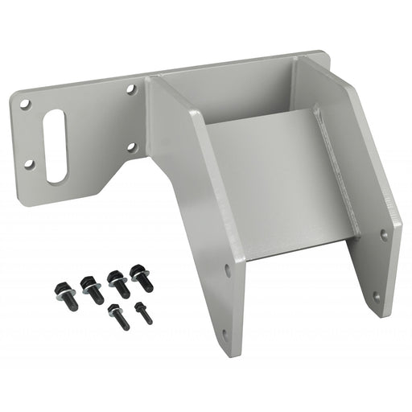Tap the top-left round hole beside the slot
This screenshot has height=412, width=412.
click(26, 105)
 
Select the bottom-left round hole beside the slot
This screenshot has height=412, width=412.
click(29, 164)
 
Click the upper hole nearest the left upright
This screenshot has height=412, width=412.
click(131, 90)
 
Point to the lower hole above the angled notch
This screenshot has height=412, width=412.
click(133, 147)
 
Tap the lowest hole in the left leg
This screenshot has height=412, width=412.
click(225, 334)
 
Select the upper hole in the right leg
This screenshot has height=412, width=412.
click(383, 235)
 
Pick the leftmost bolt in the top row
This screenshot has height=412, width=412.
click(62, 290)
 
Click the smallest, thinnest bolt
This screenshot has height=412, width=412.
click(144, 312)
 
